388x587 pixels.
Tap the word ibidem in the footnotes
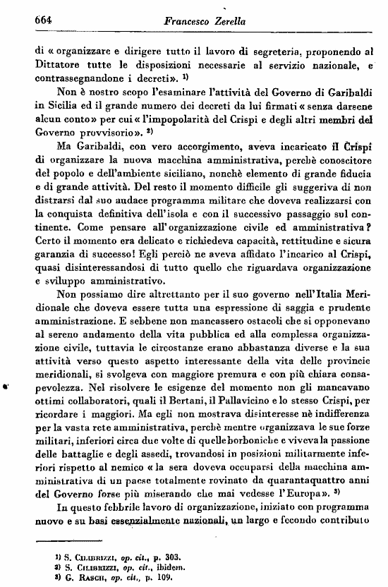pyautogui.click(x=159, y=567)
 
